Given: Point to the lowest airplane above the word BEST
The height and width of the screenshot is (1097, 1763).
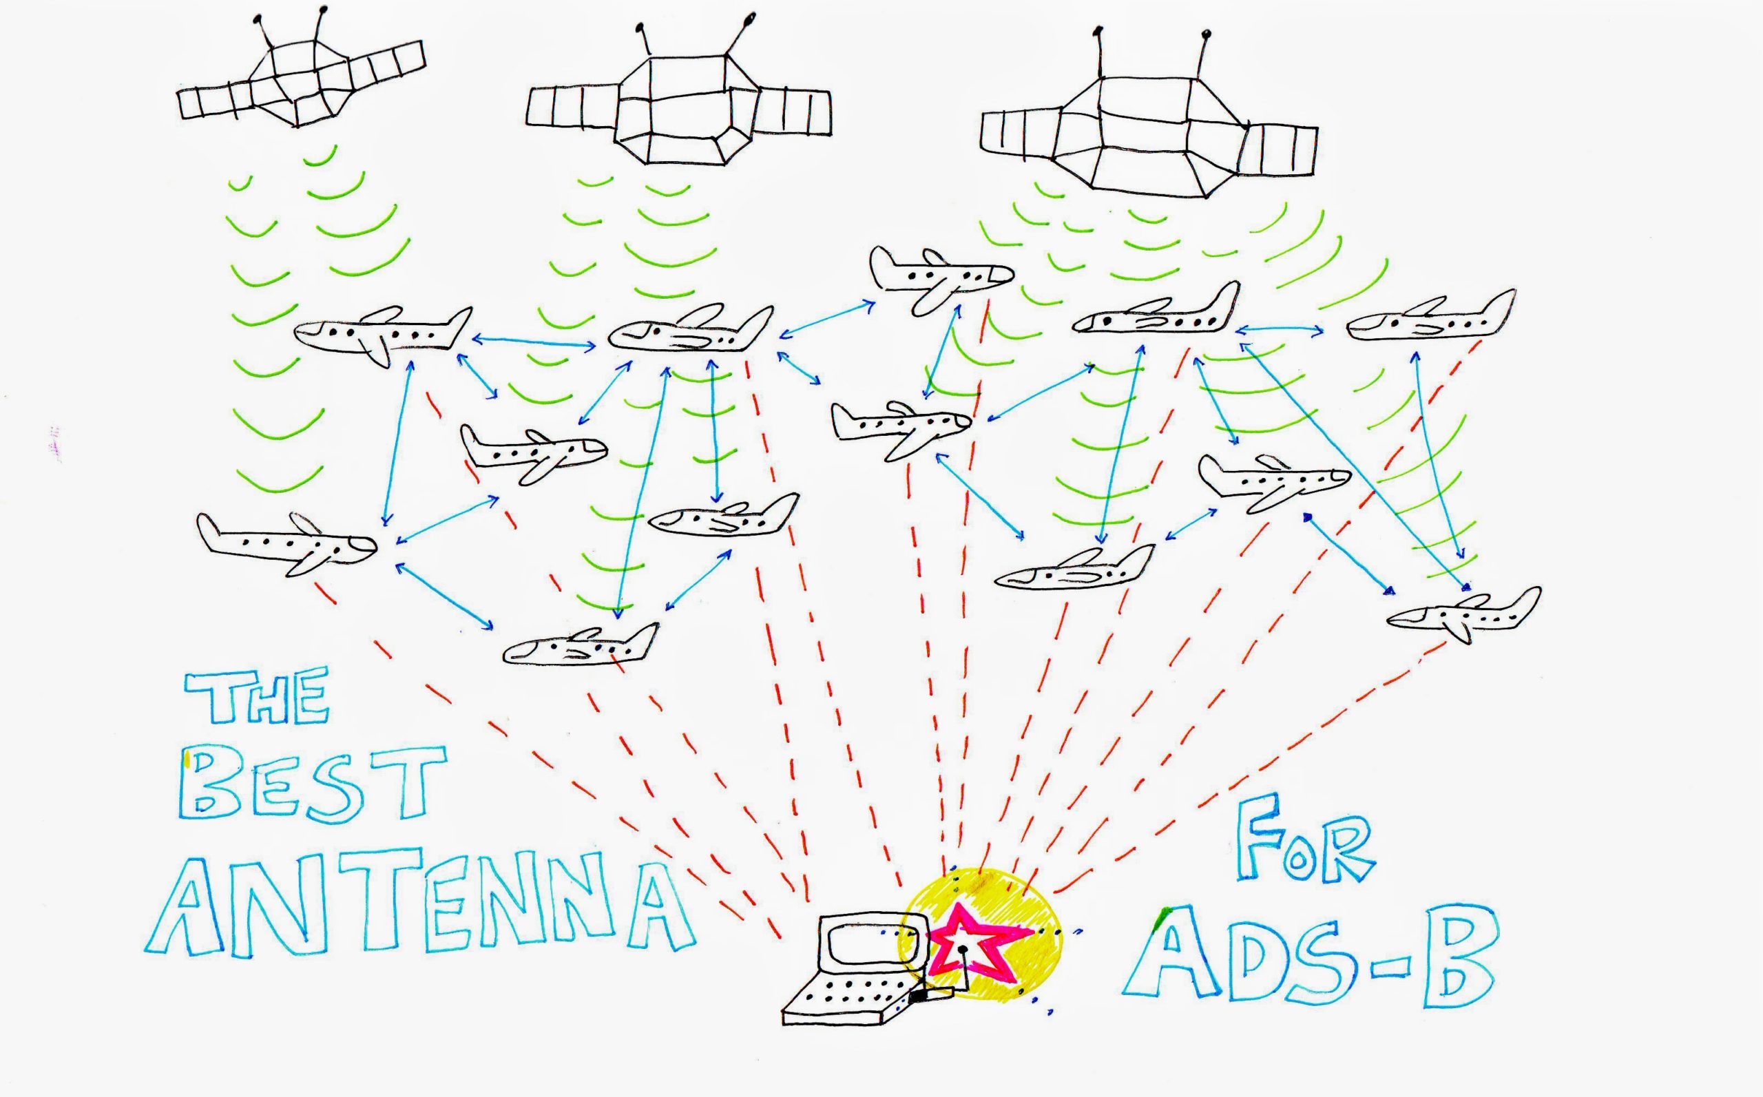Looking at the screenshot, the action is pos(581,644).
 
